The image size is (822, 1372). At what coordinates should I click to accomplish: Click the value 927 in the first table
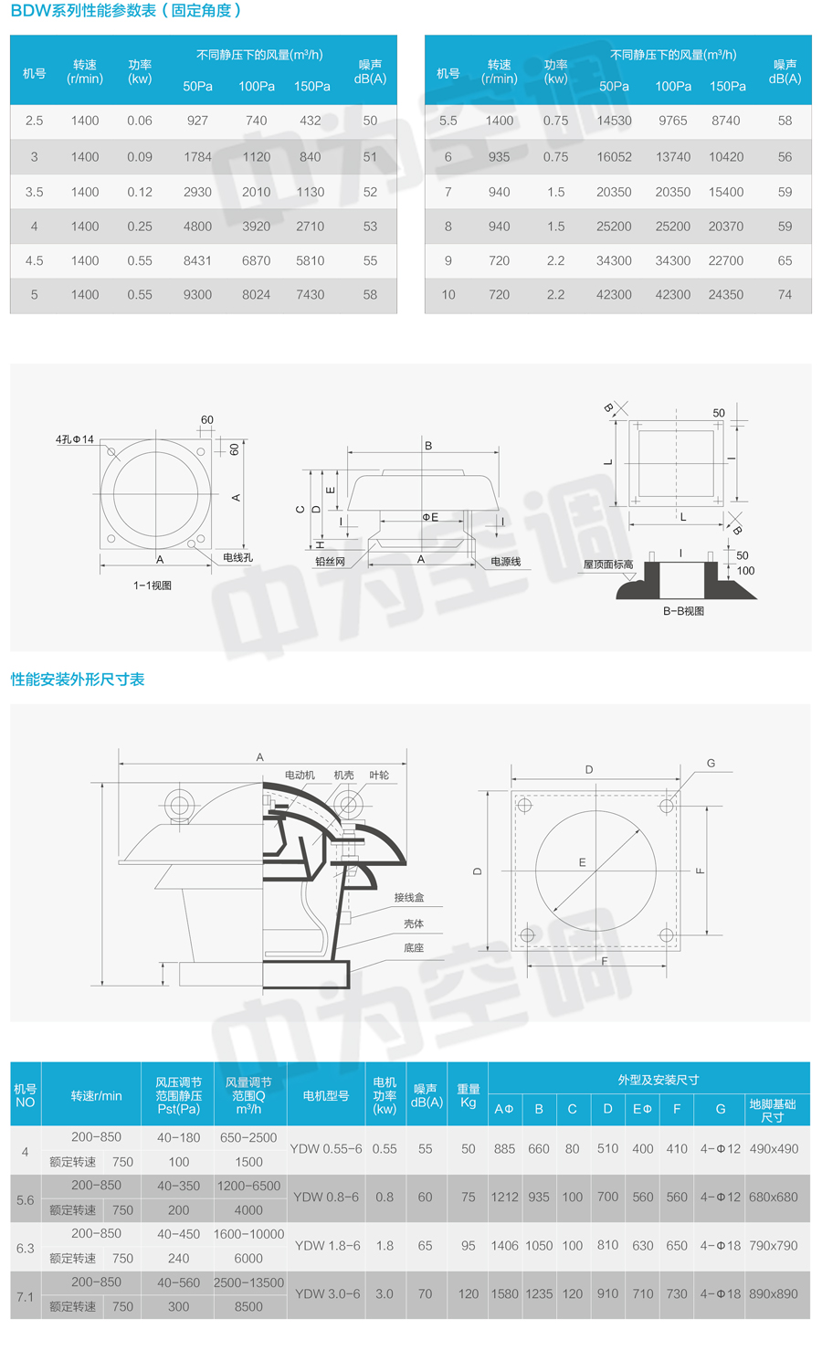point(197,121)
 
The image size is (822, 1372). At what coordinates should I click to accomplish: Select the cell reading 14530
point(614,121)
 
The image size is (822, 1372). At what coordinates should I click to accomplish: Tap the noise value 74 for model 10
point(785,295)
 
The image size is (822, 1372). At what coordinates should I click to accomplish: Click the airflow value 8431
point(197,260)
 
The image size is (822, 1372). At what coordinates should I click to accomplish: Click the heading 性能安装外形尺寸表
point(78,680)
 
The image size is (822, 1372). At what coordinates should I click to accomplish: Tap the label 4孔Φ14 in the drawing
point(75,439)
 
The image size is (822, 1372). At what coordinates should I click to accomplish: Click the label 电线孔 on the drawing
point(237,557)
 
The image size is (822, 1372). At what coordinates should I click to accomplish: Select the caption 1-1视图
point(153,586)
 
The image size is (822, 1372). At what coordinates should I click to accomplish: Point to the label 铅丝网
point(330,562)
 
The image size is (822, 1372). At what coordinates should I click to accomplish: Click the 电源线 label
point(505,562)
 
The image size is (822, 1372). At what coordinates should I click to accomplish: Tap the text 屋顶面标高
point(608,565)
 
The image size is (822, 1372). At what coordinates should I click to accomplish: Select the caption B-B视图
point(683,611)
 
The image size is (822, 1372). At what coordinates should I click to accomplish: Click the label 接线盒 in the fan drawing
point(409,897)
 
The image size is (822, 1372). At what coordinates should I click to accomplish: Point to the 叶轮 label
point(379,775)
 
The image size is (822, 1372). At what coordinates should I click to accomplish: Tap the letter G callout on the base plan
point(711,763)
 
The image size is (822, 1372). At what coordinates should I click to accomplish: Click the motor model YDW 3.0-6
point(327,1293)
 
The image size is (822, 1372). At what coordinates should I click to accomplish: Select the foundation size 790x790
point(773,1245)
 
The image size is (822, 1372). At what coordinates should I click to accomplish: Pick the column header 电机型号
point(326,1096)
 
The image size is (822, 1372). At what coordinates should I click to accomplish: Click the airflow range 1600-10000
point(248,1233)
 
